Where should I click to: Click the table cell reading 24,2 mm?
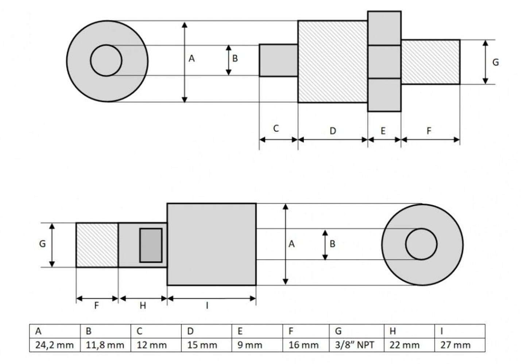[55, 345]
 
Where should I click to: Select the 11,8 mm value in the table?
[105, 345]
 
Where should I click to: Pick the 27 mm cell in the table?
[460, 345]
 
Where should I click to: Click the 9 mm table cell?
[257, 345]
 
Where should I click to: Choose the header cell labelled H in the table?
[409, 331]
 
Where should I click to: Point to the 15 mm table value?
[206, 345]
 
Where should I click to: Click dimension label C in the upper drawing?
[276, 128]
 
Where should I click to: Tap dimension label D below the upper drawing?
[333, 131]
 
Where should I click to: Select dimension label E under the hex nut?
[383, 131]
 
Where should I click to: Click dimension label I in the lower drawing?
[207, 305]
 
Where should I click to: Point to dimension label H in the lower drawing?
[143, 305]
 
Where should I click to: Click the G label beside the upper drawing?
[496, 62]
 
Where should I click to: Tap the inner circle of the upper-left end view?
[91, 60]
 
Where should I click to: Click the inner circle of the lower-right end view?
[406, 244]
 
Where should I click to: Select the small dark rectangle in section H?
[151, 245]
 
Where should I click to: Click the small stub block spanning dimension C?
[278, 60]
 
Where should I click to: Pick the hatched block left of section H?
[97, 245]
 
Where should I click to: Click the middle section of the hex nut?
[384, 62]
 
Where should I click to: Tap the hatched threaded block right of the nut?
[431, 62]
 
